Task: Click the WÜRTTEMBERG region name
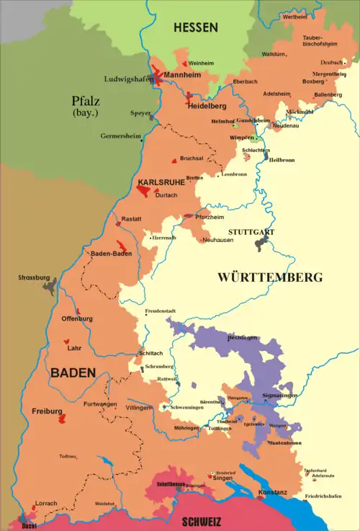pos(270,277)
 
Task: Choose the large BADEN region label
pos(73,372)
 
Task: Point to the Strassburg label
pos(33,277)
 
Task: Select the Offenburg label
pos(77,318)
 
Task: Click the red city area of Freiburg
pos(63,418)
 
